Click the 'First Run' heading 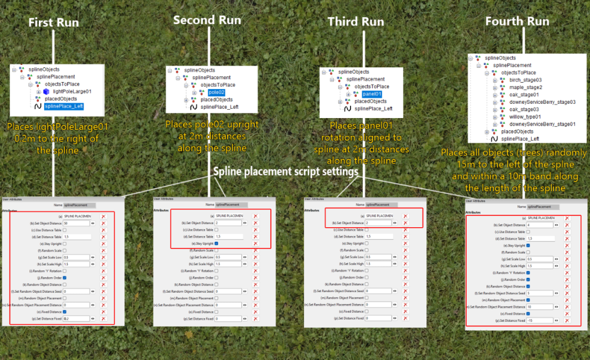click(x=54, y=23)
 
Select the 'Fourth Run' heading click(x=517, y=21)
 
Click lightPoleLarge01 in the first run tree click(x=72, y=91)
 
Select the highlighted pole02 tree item click(x=217, y=93)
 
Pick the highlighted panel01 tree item click(x=372, y=94)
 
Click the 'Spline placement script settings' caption click(x=286, y=171)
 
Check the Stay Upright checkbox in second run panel click(x=217, y=243)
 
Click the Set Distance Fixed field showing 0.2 click(x=76, y=318)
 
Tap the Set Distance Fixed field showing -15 click(x=539, y=320)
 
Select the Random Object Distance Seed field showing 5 click(x=539, y=293)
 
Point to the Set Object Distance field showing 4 click(x=539, y=225)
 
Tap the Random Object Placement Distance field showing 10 click(x=539, y=307)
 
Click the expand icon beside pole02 click(x=194, y=93)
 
